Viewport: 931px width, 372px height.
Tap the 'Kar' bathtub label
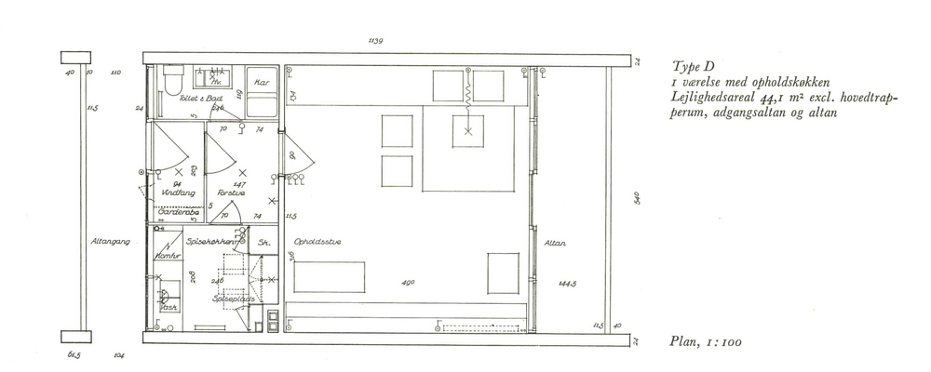click(261, 82)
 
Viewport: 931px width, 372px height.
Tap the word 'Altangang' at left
click(109, 241)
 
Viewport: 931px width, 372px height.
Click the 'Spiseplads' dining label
click(232, 299)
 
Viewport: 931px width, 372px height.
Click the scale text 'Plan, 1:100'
click(705, 342)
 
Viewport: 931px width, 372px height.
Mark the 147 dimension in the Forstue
click(238, 185)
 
